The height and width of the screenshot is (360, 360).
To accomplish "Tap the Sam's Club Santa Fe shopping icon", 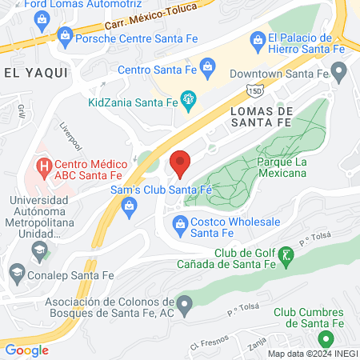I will tap(128, 207).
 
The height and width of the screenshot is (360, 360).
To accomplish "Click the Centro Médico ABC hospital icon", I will tap(42, 167).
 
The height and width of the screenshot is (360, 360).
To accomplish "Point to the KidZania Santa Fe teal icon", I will tap(190, 100).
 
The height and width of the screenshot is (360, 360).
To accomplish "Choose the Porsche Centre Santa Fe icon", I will tap(66, 35).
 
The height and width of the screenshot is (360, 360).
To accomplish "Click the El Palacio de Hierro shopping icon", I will tap(258, 38).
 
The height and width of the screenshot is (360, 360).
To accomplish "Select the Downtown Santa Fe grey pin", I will tap(339, 74).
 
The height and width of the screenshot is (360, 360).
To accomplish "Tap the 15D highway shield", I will tap(253, 90).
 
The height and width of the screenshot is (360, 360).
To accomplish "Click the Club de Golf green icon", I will tap(289, 258).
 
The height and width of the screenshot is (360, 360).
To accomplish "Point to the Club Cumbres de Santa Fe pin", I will tap(326, 339).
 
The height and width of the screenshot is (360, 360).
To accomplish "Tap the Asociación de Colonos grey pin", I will tap(186, 303).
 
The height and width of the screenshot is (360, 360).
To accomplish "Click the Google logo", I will tap(26, 350).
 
